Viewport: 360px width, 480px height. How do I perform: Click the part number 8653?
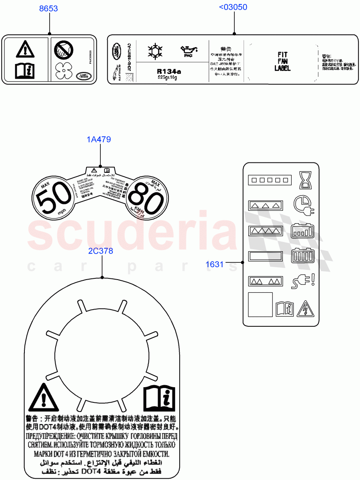pos(48,8)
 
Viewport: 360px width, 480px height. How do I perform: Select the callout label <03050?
pos(233,7)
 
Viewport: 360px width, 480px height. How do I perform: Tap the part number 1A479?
pos(99,140)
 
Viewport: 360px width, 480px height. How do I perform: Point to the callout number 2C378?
pos(101,251)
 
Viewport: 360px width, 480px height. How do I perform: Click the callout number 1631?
pos(215,264)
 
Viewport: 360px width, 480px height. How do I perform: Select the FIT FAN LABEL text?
pos(282,61)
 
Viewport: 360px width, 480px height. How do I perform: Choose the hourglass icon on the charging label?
pos(306,180)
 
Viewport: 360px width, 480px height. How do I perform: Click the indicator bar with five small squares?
pos(268,180)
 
